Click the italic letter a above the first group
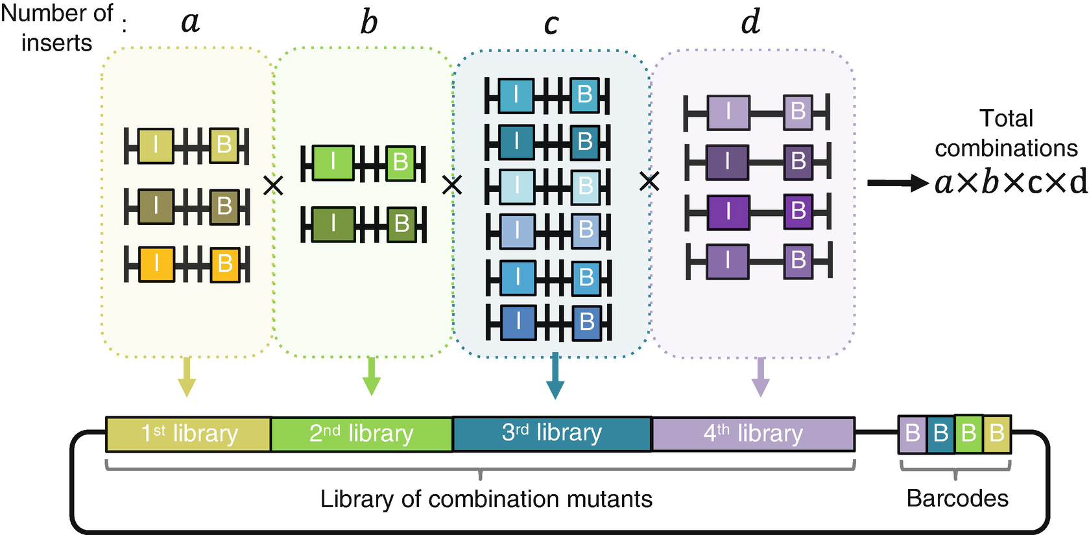(x=190, y=23)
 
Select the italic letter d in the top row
(x=750, y=23)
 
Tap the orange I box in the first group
(x=156, y=264)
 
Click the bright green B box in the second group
(x=401, y=162)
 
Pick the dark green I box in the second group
(x=333, y=224)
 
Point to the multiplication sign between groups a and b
(x=273, y=186)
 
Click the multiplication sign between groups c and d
(x=649, y=182)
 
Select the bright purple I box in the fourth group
(x=728, y=211)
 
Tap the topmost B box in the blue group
(x=584, y=95)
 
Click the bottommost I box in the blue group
(x=518, y=322)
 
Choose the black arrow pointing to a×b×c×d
(x=898, y=183)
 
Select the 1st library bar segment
(x=189, y=434)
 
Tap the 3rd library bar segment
(x=552, y=433)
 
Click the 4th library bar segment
(x=753, y=434)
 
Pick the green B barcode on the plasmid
(x=968, y=433)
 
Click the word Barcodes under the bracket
(x=957, y=498)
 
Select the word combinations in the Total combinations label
(x=1006, y=149)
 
